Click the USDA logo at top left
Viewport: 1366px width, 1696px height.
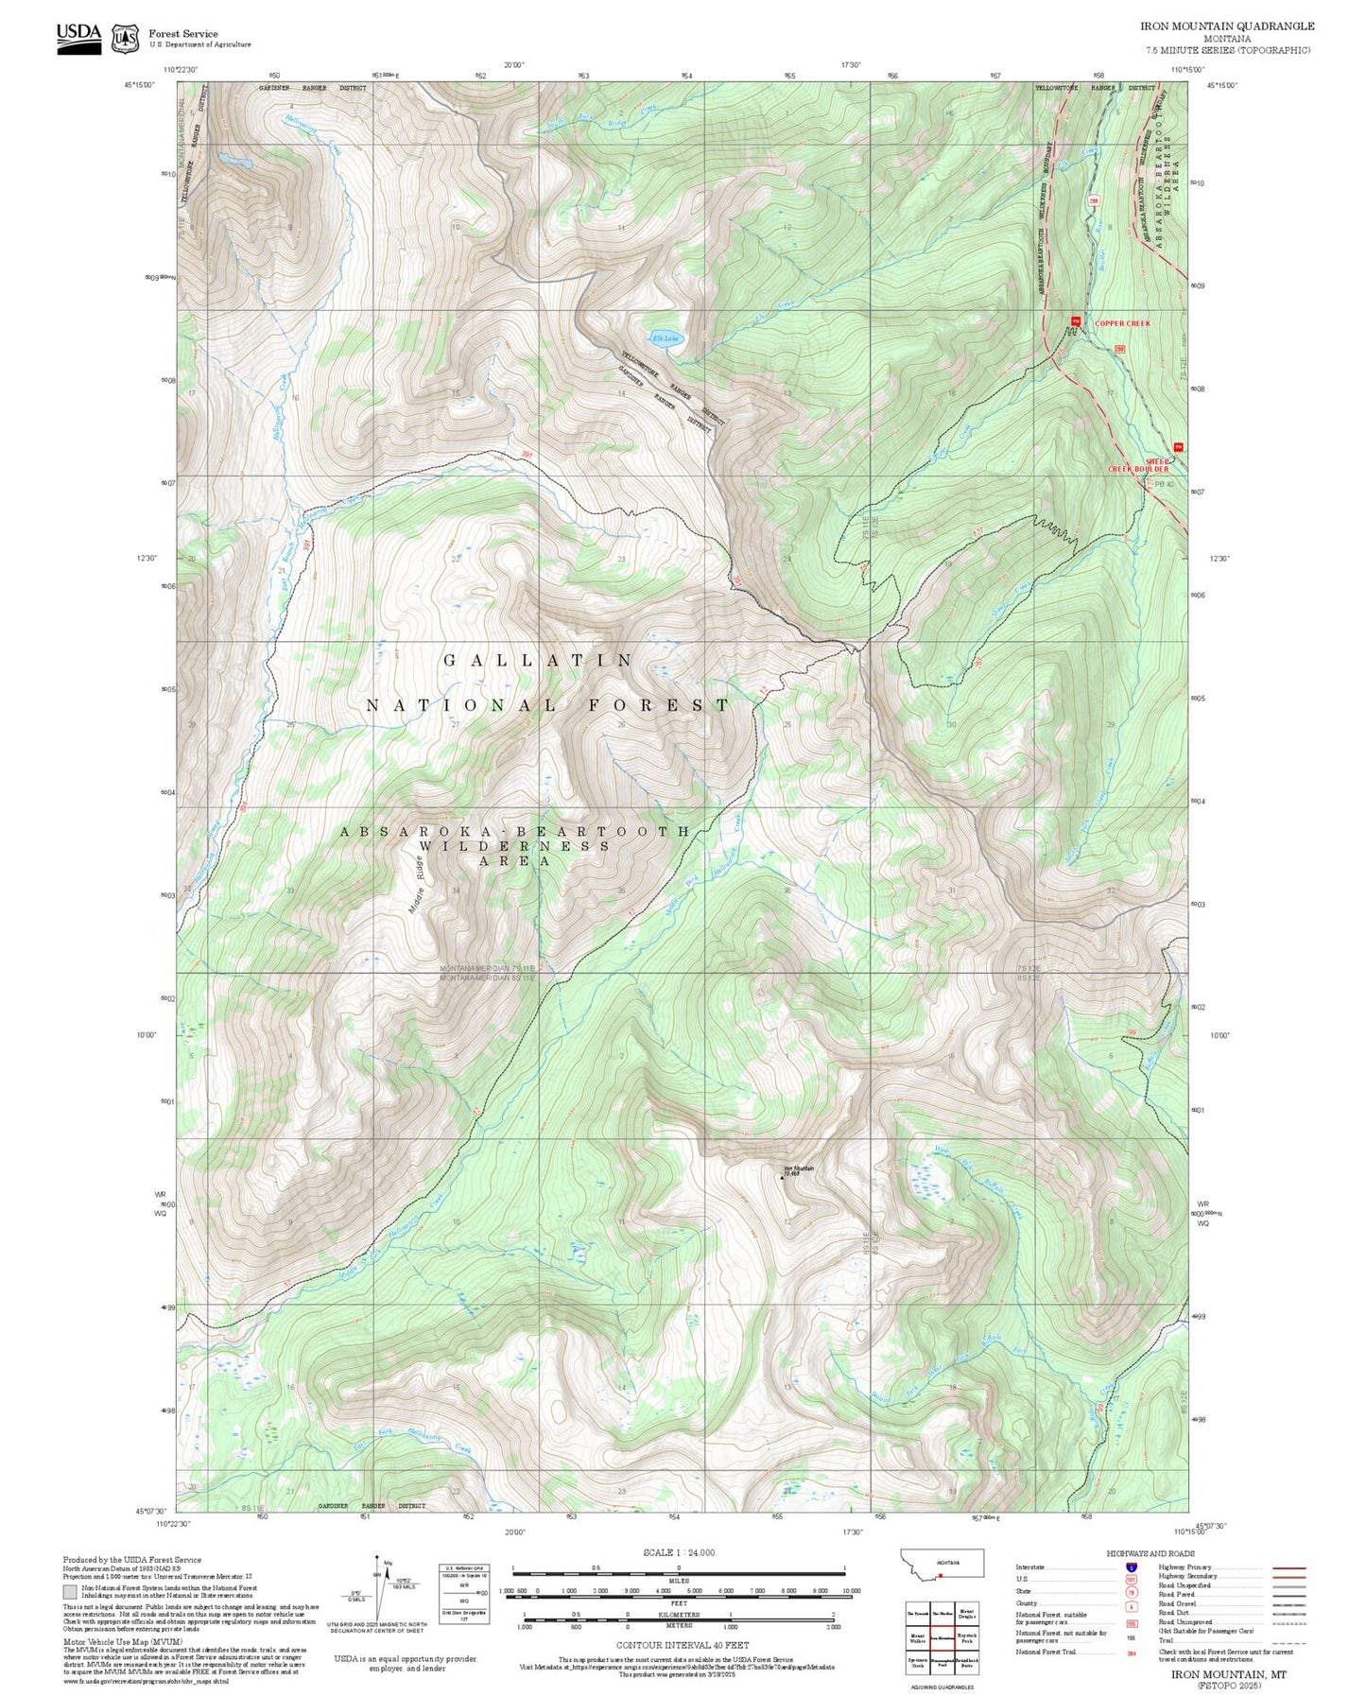click(x=78, y=38)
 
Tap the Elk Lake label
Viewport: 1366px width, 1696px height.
click(x=666, y=337)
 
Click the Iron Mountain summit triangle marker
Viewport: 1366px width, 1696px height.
click(x=783, y=1178)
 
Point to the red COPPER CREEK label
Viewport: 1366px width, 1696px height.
click(x=1122, y=323)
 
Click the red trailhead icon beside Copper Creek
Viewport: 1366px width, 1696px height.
click(x=1075, y=321)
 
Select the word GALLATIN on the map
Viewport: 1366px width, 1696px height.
click(x=539, y=660)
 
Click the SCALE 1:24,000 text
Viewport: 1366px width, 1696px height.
click(x=678, y=1552)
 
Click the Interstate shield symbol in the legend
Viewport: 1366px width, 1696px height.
click(x=1131, y=1567)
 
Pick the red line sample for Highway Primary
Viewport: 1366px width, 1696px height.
click(x=1289, y=1567)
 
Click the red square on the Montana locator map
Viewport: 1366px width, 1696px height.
click(x=941, y=1575)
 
